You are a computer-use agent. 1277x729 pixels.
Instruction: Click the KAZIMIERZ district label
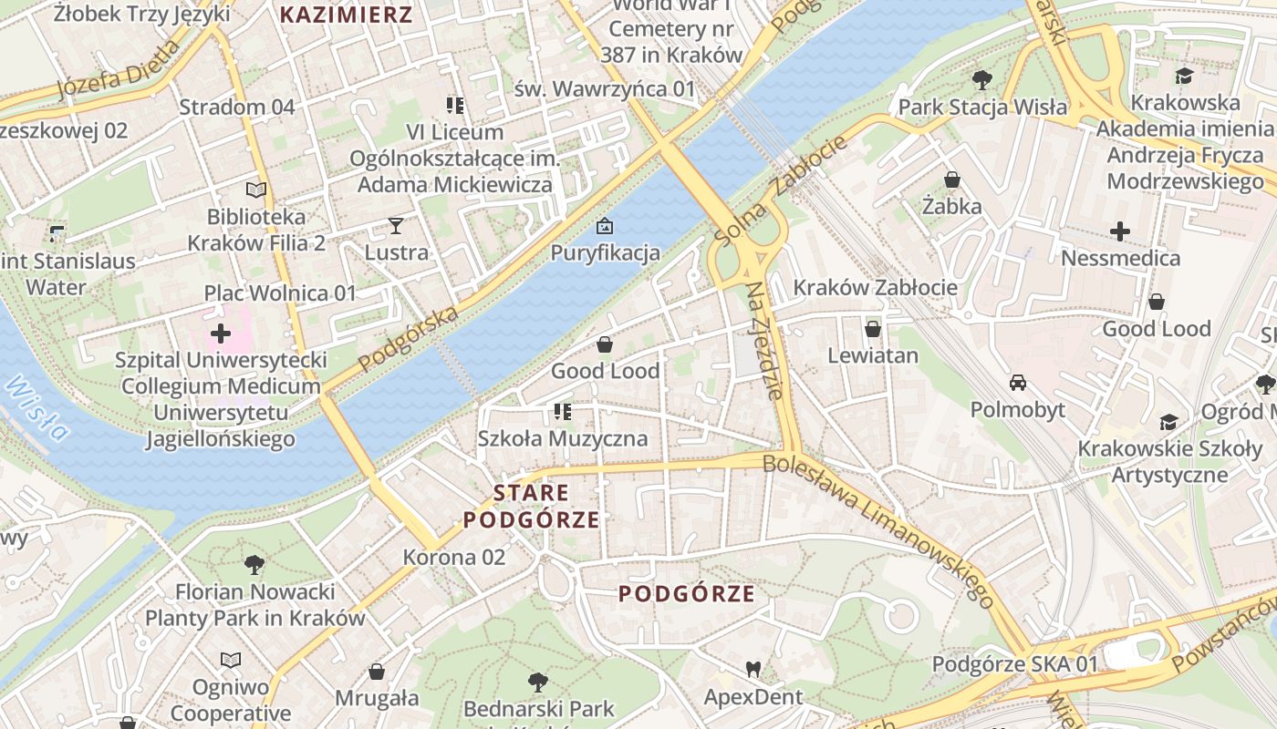click(346, 15)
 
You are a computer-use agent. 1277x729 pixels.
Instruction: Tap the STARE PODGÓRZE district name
click(531, 507)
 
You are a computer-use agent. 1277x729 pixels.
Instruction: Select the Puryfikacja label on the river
click(605, 252)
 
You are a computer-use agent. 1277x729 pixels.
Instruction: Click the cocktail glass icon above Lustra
click(396, 225)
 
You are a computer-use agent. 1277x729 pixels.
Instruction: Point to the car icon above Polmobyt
click(1018, 383)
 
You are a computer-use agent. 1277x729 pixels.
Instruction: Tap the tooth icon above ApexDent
click(753, 670)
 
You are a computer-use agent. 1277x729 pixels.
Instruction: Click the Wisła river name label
click(36, 407)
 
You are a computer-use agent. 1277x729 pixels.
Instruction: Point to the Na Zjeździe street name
click(764, 341)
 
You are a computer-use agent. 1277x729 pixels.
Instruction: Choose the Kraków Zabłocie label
click(875, 288)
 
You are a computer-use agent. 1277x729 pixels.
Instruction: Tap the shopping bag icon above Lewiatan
click(873, 328)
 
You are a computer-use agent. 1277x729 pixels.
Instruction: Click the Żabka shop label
click(951, 206)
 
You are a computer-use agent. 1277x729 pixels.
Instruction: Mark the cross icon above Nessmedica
click(1120, 231)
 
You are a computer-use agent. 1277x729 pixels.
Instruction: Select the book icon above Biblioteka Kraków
click(256, 190)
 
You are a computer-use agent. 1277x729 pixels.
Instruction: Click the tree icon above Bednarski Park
click(538, 682)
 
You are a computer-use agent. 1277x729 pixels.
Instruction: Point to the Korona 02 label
click(453, 557)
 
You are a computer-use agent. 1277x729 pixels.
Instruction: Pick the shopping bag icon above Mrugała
click(377, 673)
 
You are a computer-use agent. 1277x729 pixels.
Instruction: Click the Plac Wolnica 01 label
click(279, 293)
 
